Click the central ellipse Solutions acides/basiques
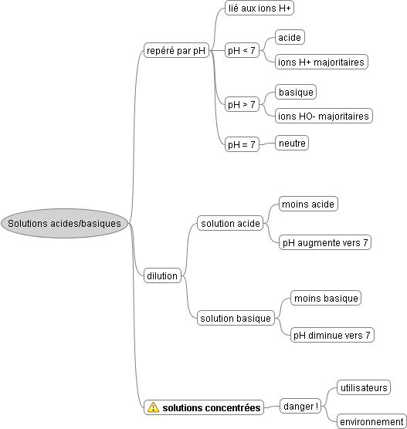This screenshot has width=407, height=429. pyautogui.click(x=65, y=223)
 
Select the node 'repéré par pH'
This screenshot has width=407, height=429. pyautogui.click(x=176, y=50)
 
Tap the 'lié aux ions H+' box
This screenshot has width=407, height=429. pyautogui.click(x=259, y=8)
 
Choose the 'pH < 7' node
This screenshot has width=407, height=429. pyautogui.click(x=242, y=50)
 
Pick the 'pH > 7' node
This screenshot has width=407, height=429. pyautogui.click(x=242, y=104)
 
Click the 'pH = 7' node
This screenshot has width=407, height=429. pyautogui.click(x=242, y=144)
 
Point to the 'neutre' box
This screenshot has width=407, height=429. pyautogui.click(x=292, y=143)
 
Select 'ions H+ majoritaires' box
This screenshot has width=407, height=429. pyautogui.click(x=321, y=62)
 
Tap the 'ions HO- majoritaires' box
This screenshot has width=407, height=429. pyautogui.click(x=324, y=116)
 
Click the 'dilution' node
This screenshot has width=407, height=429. pyautogui.click(x=162, y=275)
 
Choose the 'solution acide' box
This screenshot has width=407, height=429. pyautogui.click(x=230, y=223)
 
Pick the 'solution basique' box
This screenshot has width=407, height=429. pyautogui.click(x=236, y=318)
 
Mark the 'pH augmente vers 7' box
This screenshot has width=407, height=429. pyautogui.click(x=325, y=242)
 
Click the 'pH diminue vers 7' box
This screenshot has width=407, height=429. pyautogui.click(x=332, y=335)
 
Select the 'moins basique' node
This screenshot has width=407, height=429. pyautogui.click(x=326, y=298)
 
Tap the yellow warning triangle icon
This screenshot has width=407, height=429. pyautogui.click(x=153, y=407)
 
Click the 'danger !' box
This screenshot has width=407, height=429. pyautogui.click(x=300, y=406)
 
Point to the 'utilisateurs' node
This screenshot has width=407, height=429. pyautogui.click(x=364, y=387)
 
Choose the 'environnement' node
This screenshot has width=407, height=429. pyautogui.click(x=371, y=421)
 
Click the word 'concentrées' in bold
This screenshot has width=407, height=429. pyautogui.click(x=232, y=407)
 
